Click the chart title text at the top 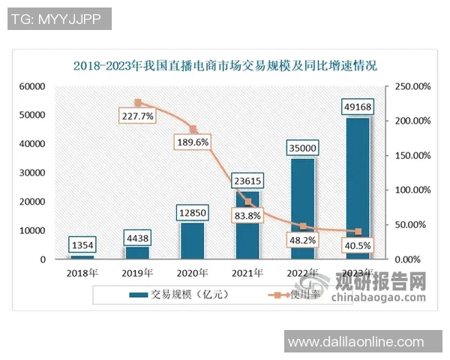225,65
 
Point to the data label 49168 357,106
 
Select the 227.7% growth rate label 136,116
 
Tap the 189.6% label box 193,142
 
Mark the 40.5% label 357,244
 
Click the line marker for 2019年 138,103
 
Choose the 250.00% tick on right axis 412,86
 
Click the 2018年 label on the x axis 83,272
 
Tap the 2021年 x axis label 247,272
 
